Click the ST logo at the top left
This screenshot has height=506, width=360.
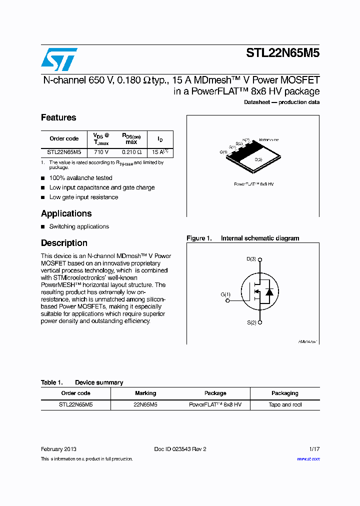coord(59,59)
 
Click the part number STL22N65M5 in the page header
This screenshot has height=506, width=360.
coord(282,53)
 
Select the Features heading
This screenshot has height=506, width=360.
coord(58,117)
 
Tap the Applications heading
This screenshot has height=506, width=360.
coord(66,213)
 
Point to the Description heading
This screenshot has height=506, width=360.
coord(64,243)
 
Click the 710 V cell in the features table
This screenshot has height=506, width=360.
coord(101,151)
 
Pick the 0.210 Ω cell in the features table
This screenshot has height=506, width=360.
coord(131,151)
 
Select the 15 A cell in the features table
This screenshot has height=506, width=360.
coord(159,151)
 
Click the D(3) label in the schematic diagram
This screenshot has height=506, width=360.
coord(251,259)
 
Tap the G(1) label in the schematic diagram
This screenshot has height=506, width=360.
coord(225,294)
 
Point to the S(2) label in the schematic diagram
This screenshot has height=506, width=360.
coord(251,322)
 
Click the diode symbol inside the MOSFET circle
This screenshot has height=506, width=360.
coord(269,291)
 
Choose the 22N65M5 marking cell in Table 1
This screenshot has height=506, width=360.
coord(145,404)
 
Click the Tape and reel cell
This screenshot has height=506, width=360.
coord(285,404)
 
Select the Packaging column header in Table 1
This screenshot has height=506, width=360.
coord(285,393)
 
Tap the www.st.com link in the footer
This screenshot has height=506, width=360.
coord(308,459)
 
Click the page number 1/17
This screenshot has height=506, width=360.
coord(313,449)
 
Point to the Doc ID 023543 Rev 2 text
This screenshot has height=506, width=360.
coord(180,449)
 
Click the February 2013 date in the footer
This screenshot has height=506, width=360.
coord(58,449)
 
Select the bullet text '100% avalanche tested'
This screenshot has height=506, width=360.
coord(80,178)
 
